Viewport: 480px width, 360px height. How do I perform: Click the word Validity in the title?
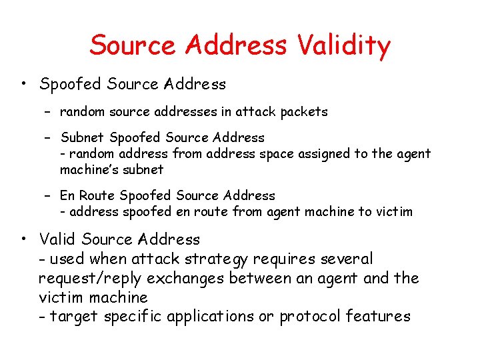(344, 45)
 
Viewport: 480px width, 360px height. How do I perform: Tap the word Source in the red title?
(133, 45)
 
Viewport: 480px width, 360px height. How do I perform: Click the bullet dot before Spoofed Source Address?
(23, 85)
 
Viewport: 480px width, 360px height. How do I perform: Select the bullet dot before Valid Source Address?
(23, 239)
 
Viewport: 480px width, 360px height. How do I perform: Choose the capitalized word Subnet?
(83, 138)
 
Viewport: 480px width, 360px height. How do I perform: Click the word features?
(379, 316)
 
